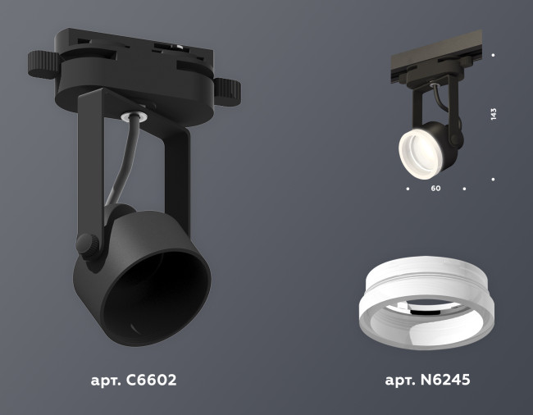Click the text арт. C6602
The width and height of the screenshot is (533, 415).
click(133, 381)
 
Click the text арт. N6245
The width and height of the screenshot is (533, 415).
click(426, 381)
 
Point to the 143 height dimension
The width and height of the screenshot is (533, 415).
click(494, 115)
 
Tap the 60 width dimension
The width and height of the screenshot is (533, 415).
click(435, 189)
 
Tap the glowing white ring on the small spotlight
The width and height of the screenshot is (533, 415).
click(418, 148)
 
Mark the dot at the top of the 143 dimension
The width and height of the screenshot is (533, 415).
click(493, 55)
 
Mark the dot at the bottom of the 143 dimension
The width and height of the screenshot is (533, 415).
click(493, 178)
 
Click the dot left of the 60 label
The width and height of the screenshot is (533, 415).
click(408, 189)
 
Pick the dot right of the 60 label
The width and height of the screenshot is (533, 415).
click(464, 189)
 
